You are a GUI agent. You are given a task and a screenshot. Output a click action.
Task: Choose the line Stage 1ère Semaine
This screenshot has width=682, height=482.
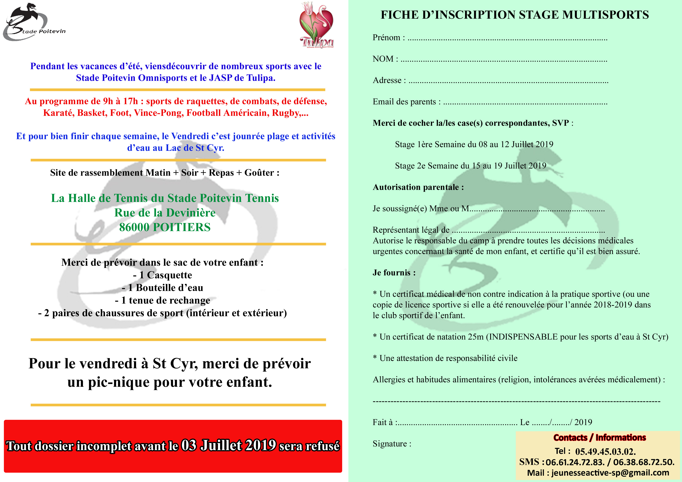[474, 144]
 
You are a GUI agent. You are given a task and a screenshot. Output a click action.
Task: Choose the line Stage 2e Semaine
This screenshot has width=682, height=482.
[470, 166]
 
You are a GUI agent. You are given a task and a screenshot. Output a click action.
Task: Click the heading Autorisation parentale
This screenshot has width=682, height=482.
[418, 187]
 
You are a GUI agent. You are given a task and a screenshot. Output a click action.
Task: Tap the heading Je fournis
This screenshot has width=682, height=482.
[394, 273]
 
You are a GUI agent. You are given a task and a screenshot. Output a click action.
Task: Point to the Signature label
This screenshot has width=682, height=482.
[392, 444]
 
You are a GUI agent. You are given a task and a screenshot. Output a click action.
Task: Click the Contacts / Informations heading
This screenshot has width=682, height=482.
[599, 437]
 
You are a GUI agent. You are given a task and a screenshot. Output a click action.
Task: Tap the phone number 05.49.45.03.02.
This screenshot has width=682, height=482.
[605, 452]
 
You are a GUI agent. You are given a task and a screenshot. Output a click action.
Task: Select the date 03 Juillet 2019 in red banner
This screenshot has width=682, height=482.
[229, 445]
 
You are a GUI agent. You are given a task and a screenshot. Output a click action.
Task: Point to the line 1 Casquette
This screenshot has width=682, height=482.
[163, 275]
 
